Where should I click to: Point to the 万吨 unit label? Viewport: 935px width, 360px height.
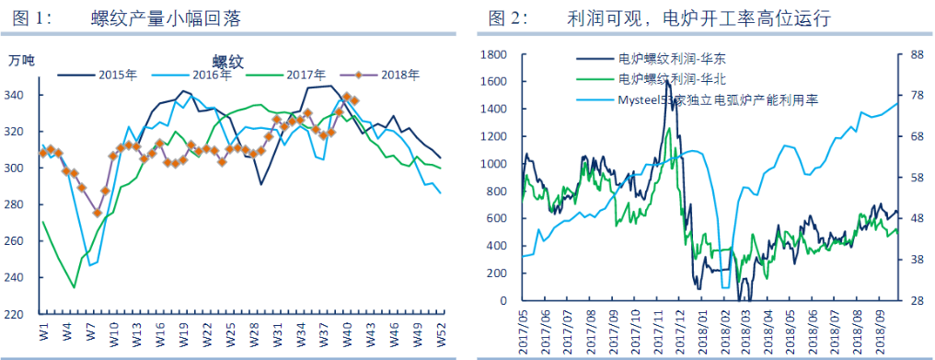click(22, 61)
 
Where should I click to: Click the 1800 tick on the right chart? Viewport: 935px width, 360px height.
click(494, 55)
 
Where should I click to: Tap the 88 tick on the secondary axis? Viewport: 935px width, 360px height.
click(917, 55)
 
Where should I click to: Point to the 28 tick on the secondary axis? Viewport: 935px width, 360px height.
click(917, 301)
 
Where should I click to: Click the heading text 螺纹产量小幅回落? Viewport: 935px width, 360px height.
click(171, 17)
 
